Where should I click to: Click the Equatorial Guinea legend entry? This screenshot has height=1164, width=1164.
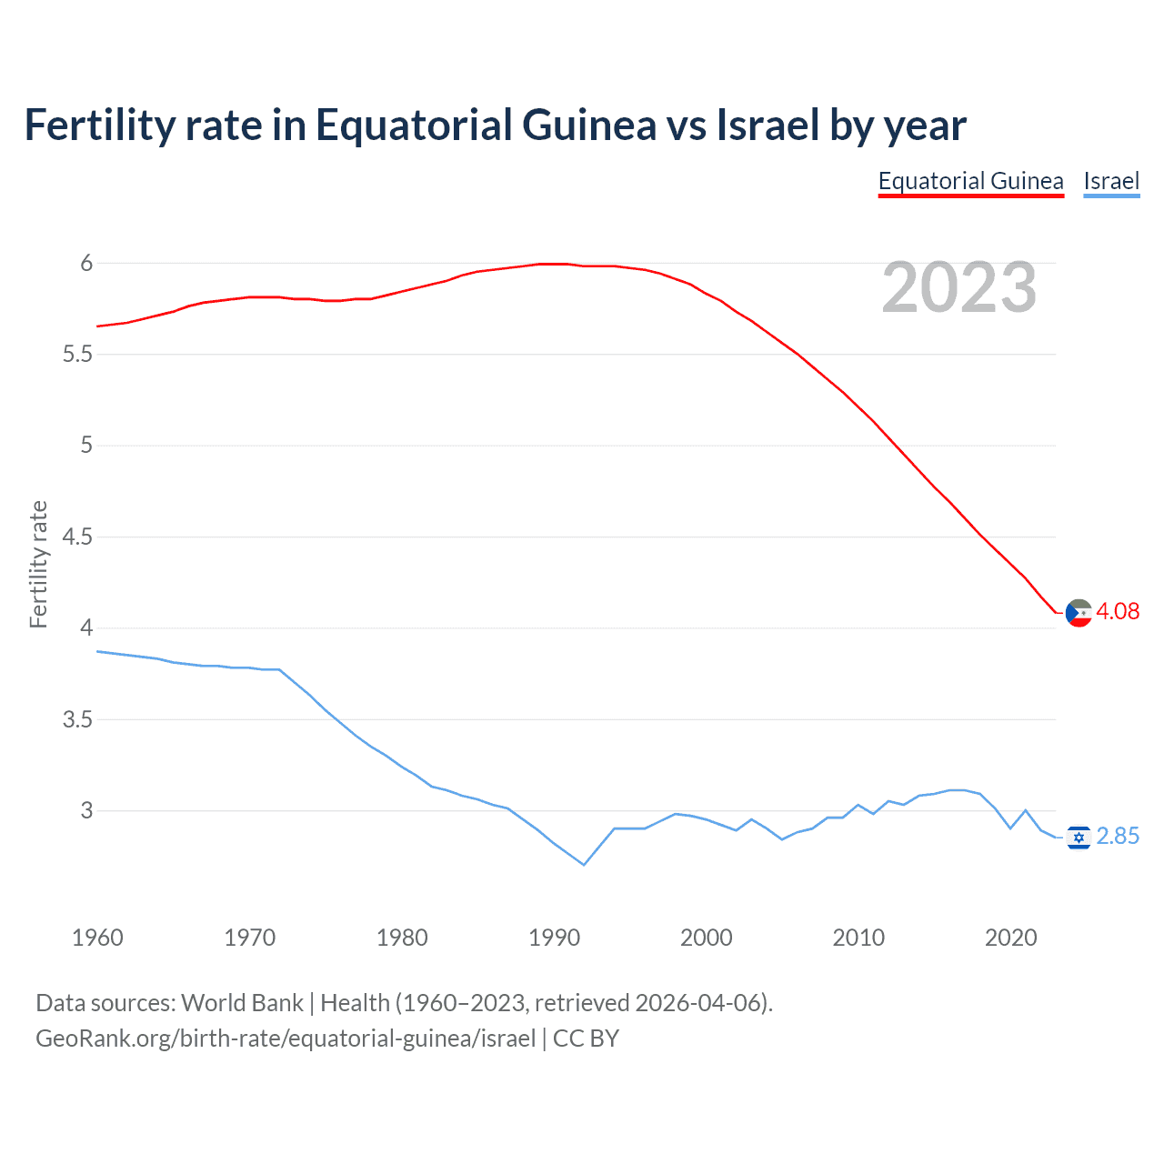(970, 181)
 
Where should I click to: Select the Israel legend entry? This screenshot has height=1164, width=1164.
(1111, 181)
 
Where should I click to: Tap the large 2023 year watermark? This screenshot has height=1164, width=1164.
(959, 287)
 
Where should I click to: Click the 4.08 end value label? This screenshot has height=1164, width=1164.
(1118, 611)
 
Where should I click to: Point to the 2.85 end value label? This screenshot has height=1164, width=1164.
(1118, 836)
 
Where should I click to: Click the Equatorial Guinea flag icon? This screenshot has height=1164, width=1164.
(1079, 613)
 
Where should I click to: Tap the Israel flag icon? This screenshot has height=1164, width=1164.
(1079, 837)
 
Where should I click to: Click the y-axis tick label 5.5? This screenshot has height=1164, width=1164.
(77, 354)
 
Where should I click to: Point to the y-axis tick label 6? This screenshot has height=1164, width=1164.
(86, 263)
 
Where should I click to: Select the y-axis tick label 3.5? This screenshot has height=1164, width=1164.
(77, 719)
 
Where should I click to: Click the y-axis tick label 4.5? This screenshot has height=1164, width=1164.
(77, 537)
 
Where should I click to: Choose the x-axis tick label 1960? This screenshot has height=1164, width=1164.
(97, 938)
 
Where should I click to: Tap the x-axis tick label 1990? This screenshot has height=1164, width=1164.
(554, 938)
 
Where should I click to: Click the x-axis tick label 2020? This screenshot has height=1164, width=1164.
(1010, 938)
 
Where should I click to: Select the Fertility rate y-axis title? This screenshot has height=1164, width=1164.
(38, 564)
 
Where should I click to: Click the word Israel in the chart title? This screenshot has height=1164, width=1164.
(768, 125)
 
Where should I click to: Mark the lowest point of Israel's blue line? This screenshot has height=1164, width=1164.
(584, 865)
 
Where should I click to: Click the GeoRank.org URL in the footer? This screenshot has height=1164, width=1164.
(286, 1039)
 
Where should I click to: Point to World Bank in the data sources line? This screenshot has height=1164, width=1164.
(242, 1003)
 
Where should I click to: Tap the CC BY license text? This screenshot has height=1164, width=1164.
(586, 1039)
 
